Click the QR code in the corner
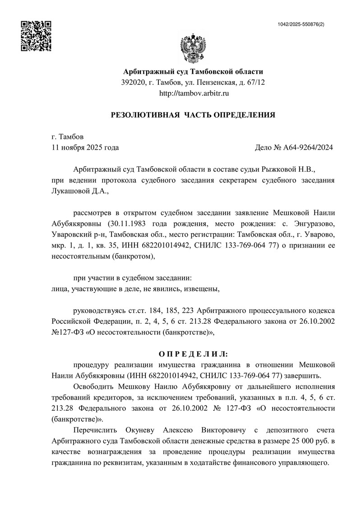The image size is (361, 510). click(37, 36)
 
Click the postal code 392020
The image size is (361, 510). click(134, 83)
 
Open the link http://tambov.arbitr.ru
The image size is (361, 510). click(193, 93)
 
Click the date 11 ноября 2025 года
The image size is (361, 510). click(85, 147)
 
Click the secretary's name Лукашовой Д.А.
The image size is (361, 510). click(79, 191)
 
